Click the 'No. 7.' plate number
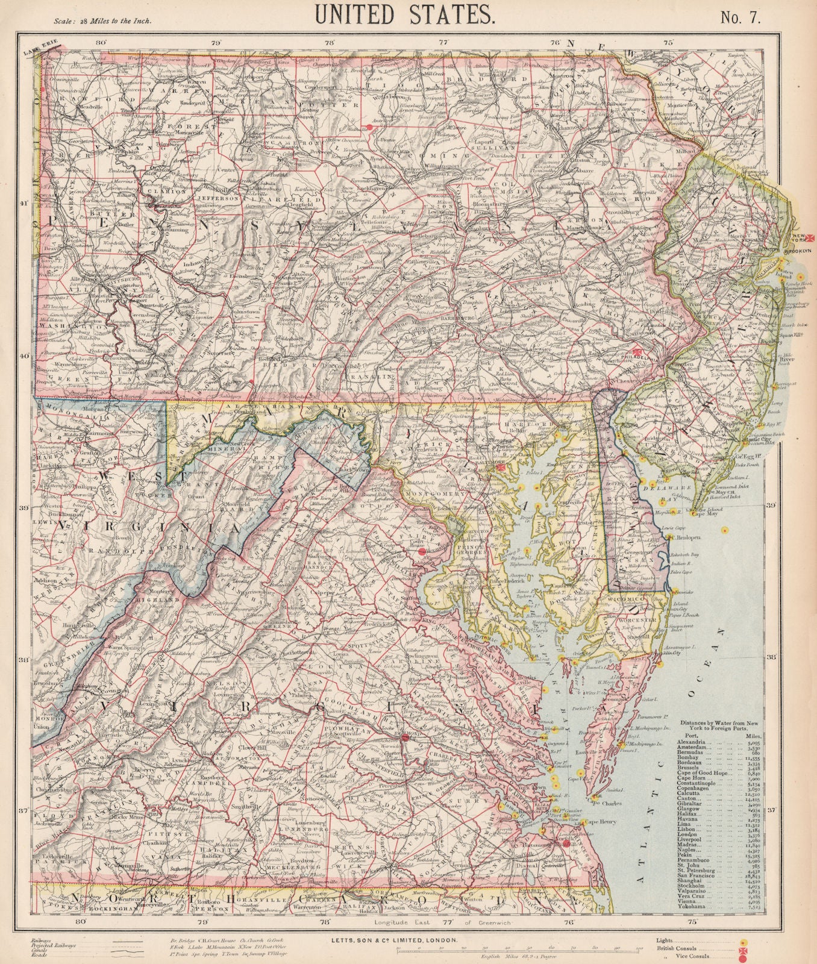741,16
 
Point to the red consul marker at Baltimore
499,468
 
